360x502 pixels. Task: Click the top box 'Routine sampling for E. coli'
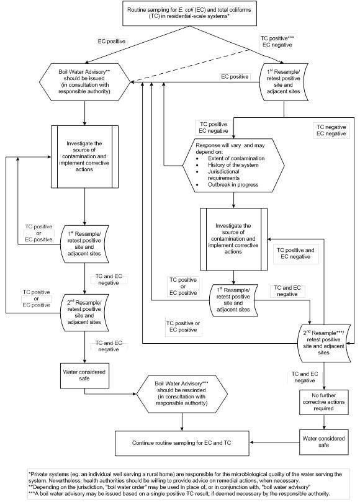pos(180,13)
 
